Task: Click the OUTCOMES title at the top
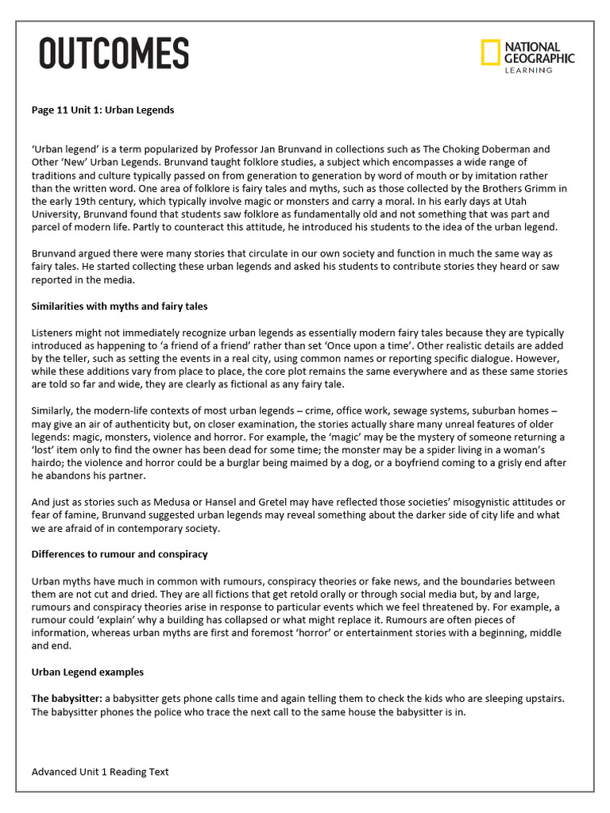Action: tap(114, 54)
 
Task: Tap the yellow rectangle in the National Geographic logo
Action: tap(490, 52)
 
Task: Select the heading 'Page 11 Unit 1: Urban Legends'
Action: tap(102, 110)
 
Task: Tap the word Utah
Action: tap(552, 201)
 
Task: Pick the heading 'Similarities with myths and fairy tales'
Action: tap(119, 306)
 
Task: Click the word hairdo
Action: tap(48, 462)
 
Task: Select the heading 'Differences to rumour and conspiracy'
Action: tap(119, 553)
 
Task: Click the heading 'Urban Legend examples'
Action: tap(87, 672)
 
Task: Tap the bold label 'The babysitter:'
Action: tap(67, 698)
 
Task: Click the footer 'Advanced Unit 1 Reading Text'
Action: tap(100, 772)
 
